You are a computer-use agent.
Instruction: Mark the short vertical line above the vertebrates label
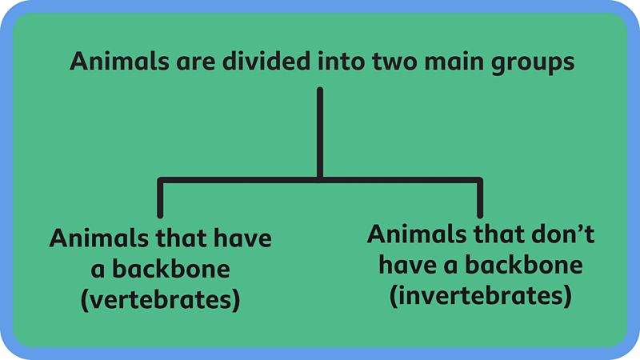click(x=161, y=198)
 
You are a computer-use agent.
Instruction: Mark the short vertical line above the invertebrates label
click(x=480, y=198)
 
